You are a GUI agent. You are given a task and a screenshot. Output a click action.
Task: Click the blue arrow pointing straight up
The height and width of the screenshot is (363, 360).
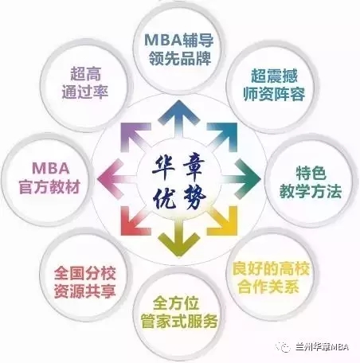(x=179, y=119)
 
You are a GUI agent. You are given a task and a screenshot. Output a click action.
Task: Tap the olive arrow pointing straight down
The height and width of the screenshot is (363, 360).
(x=179, y=238)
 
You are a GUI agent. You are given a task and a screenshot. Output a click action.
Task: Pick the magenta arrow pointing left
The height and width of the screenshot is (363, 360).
(x=117, y=179)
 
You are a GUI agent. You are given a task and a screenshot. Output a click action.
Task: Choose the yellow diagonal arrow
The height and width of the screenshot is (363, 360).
(x=222, y=221)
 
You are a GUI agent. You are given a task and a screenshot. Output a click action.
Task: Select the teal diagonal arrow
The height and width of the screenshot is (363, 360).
(x=222, y=137)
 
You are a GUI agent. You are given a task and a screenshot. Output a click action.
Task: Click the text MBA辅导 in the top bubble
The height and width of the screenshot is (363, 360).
(x=179, y=40)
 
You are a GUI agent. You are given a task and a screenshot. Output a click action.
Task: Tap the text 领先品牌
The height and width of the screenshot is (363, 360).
(x=180, y=58)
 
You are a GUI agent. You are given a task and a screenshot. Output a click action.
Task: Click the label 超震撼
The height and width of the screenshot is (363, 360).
(x=274, y=76)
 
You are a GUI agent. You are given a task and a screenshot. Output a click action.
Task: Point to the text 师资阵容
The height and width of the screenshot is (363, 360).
(x=274, y=94)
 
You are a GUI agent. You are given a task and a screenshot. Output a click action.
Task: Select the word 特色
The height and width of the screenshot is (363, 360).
(x=311, y=173)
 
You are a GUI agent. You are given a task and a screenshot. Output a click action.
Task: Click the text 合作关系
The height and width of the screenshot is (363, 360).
(x=268, y=287)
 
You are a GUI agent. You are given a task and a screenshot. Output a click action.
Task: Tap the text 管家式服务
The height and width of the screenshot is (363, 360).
(x=179, y=322)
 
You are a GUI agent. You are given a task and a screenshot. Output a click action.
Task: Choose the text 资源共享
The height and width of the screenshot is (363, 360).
(x=85, y=291)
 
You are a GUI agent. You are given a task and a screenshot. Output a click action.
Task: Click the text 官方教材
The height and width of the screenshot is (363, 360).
(x=50, y=187)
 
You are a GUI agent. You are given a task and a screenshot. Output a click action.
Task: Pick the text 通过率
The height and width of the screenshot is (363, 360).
(x=85, y=92)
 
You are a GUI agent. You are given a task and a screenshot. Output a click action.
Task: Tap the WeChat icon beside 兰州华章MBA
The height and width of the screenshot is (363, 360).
(x=284, y=346)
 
